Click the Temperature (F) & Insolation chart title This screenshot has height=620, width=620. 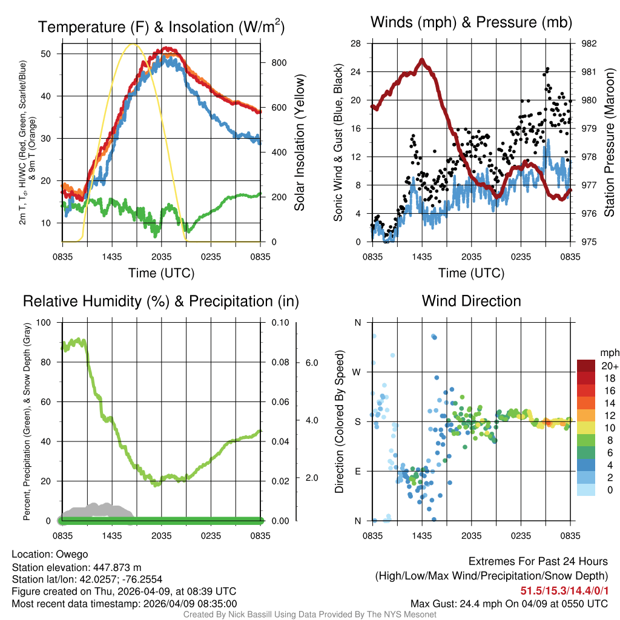coord(161,27)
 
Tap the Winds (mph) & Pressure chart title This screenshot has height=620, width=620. coord(471,22)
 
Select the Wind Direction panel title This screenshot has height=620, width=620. coord(471,301)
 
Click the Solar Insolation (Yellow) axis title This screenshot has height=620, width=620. coord(299,143)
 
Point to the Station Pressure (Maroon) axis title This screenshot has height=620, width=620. coord(609,143)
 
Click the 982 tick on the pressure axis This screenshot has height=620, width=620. coord(590,44)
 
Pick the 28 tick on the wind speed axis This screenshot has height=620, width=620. coord(356,44)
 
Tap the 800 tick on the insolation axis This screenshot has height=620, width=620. coord(279,62)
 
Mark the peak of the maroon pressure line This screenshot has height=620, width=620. coord(422,59)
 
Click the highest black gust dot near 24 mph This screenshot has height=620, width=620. coord(547,69)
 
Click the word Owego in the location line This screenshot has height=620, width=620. coord(72,554)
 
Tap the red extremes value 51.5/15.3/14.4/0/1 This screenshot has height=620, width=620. coord(564,590)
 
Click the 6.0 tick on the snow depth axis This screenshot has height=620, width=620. coord(311,362)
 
